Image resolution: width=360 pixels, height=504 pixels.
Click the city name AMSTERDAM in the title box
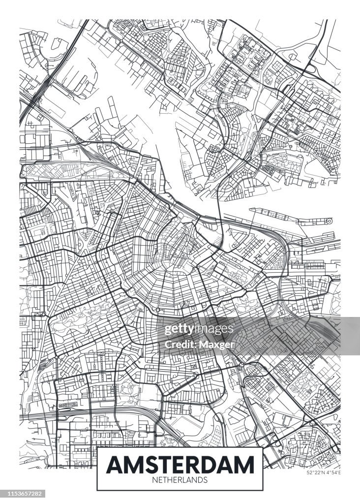pos(180,464)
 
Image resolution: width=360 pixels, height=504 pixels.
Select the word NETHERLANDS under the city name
pos(180,479)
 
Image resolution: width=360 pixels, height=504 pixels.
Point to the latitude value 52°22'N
pos(316,472)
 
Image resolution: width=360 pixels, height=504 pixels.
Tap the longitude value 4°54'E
pos(333,472)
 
